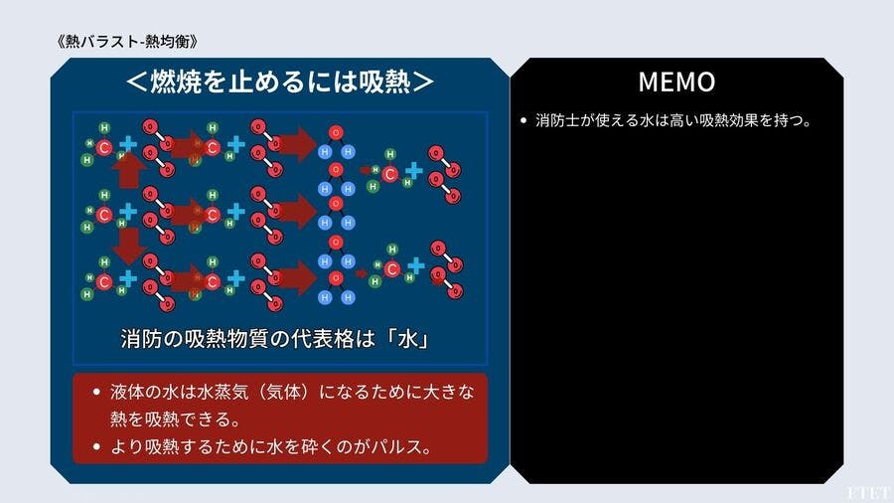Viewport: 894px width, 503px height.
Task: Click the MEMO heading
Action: tap(676, 82)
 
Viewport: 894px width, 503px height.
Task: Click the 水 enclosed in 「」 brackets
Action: tap(408, 339)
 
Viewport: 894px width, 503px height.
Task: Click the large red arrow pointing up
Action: tap(128, 170)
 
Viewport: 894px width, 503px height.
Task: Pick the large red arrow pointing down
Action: tap(128, 246)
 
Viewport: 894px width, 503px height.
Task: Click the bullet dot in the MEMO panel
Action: tap(523, 120)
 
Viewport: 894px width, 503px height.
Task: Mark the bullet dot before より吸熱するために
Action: tap(96, 446)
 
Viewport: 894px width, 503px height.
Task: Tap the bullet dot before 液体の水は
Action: tap(96, 392)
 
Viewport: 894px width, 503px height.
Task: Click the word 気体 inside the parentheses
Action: tap(283, 392)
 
